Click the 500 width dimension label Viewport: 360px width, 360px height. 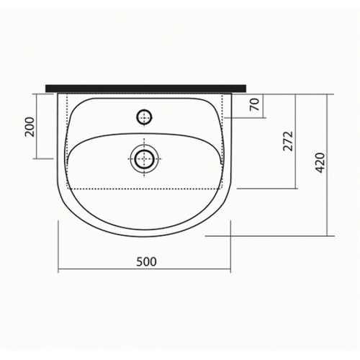point(146,261)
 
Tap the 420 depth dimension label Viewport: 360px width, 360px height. point(320,163)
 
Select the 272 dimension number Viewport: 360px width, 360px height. point(289,141)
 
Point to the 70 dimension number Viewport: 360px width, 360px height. point(255,104)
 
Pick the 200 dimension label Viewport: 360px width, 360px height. point(30,127)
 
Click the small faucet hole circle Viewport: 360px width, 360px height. point(144,117)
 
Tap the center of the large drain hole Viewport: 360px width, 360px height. point(144,158)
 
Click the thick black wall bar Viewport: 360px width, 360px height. point(146,88)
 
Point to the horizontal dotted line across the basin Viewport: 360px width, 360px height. point(144,189)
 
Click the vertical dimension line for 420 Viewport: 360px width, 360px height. point(327,165)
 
